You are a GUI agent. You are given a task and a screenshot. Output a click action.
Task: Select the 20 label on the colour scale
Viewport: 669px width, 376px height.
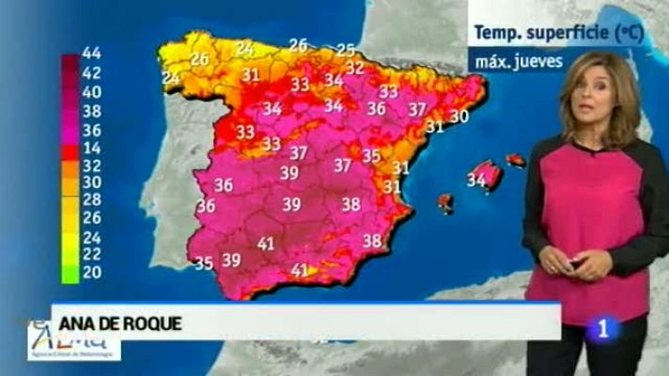point(92,274)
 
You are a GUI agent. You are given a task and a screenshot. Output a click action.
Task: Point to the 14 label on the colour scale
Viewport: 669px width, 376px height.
point(92,148)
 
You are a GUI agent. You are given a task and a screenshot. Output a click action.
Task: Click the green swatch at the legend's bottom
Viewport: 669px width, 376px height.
point(70,274)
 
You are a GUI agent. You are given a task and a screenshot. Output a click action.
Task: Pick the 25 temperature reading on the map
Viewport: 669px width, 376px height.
point(346,50)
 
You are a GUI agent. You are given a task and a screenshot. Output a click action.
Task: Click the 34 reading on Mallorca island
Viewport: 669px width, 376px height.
point(476,180)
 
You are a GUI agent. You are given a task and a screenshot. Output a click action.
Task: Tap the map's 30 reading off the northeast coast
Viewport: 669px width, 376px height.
point(459,117)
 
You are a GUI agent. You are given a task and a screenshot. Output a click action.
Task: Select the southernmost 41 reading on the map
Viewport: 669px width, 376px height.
point(301,270)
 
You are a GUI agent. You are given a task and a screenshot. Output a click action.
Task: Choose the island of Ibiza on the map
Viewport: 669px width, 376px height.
point(444,202)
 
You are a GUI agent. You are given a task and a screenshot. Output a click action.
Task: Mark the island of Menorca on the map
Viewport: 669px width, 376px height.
point(516,160)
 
